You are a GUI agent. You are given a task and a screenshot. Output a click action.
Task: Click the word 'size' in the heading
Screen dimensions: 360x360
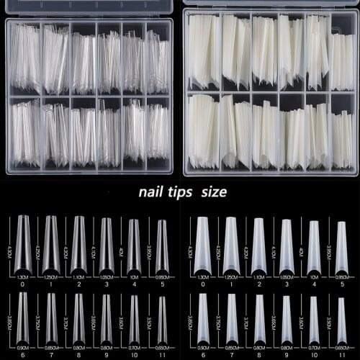click(214, 192)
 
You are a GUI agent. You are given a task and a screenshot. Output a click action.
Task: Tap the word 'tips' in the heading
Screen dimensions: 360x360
click(184, 192)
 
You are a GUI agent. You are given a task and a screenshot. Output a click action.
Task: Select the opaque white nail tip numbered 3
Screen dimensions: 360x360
click(286, 245)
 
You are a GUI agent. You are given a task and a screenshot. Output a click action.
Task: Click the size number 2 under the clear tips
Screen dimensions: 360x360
click(78, 284)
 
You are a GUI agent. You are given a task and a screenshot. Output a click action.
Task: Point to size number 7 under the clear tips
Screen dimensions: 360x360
click(50, 354)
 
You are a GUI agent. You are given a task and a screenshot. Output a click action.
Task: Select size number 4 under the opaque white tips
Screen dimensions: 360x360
click(313, 284)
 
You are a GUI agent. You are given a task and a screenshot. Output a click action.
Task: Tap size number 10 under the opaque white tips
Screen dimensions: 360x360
click(313, 354)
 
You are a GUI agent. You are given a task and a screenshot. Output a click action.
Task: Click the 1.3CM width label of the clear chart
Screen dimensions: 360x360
click(23, 276)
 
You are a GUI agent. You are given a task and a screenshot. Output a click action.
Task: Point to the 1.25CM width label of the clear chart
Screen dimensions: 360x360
click(50, 276)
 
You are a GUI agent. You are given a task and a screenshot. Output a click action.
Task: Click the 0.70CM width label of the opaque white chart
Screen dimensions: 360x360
click(313, 347)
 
